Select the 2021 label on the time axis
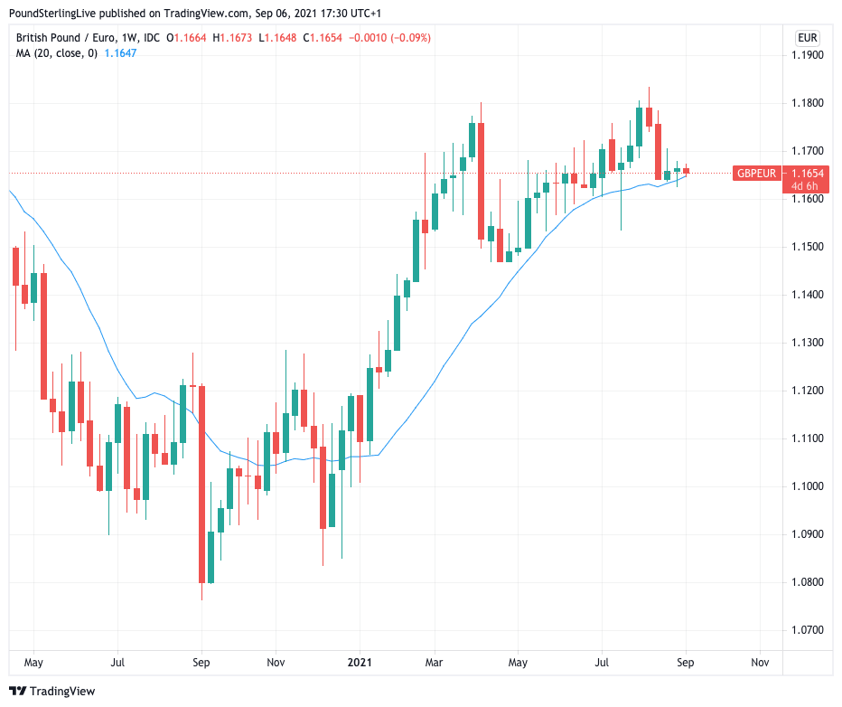(360, 663)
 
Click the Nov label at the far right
(760, 663)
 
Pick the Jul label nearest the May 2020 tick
(117, 663)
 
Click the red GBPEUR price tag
(755, 173)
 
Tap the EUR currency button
(807, 38)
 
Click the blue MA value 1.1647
(120, 53)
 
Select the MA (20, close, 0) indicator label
(57, 53)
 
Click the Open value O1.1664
(187, 38)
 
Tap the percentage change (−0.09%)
(409, 38)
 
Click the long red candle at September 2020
(201, 484)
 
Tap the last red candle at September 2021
(687, 170)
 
